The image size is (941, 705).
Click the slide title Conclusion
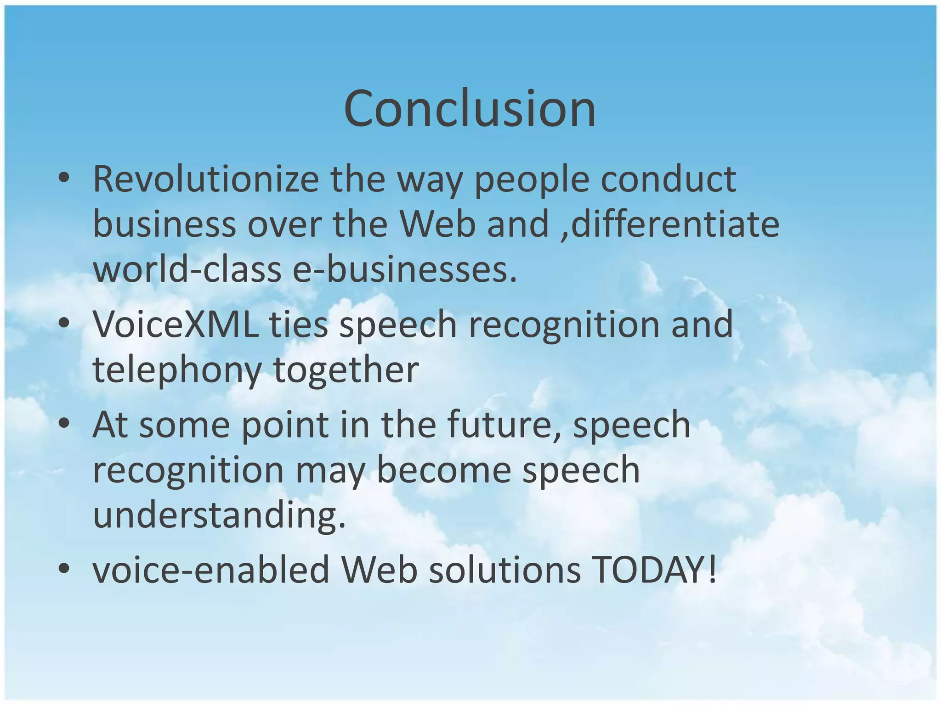[x=470, y=109]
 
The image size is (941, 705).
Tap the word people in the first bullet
[x=531, y=180]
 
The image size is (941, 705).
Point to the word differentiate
[x=675, y=224]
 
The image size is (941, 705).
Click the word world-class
[x=187, y=269]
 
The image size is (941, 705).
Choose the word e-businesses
[x=404, y=269]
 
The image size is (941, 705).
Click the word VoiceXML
[x=175, y=324]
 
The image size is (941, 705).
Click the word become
[x=443, y=470]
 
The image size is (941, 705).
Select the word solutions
[x=505, y=570]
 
